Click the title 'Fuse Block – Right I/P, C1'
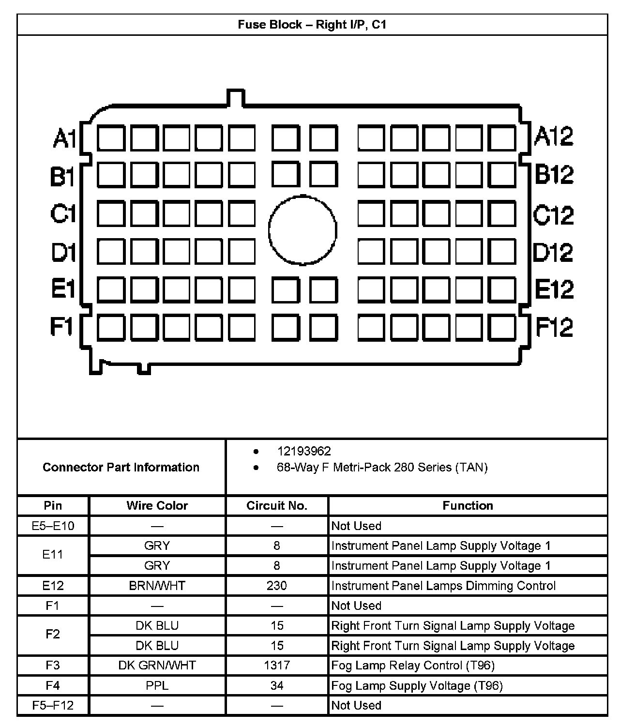(x=312, y=24)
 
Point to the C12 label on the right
(x=553, y=214)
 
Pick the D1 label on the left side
(x=63, y=252)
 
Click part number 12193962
(x=304, y=451)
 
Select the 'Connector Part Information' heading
(x=121, y=467)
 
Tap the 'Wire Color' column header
(x=157, y=506)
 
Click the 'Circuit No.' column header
(x=276, y=506)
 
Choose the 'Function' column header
(x=468, y=506)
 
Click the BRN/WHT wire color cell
(x=157, y=586)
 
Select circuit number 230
(x=276, y=586)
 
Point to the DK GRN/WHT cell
(x=157, y=666)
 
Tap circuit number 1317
(x=276, y=666)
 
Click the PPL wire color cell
(x=157, y=685)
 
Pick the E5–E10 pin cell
(x=53, y=526)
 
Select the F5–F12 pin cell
(x=53, y=705)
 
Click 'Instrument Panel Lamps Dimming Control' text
(x=443, y=586)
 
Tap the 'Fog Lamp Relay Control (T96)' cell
(x=413, y=666)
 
